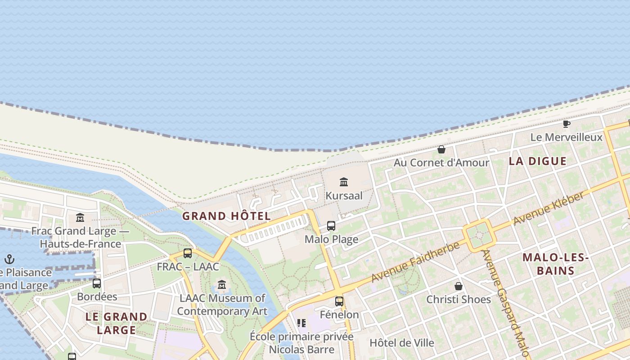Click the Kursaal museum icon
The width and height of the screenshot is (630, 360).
tap(344, 182)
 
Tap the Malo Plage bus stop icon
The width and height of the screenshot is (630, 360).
tap(331, 225)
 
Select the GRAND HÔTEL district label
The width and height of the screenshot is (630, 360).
tap(226, 216)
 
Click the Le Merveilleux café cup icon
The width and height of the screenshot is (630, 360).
tap(566, 124)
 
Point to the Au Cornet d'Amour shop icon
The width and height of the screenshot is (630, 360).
tap(441, 149)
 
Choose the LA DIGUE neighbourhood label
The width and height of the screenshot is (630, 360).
tap(537, 161)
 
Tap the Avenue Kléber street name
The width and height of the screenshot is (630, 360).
tap(550, 208)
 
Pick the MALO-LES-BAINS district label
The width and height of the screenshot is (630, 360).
tap(556, 264)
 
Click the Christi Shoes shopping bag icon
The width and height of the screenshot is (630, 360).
tap(459, 286)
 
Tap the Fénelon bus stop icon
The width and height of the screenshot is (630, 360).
tap(339, 301)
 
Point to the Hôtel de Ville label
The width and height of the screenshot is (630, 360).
tap(402, 343)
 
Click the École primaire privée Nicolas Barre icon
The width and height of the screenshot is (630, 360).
tap(301, 323)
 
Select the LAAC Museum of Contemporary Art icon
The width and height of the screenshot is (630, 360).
tap(222, 285)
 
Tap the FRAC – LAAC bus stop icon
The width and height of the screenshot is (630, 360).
tap(188, 253)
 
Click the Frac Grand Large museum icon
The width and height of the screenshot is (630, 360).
tap(80, 218)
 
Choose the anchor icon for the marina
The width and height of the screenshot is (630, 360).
tap(9, 259)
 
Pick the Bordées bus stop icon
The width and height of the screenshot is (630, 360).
tap(97, 283)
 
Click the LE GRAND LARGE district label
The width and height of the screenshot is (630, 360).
tap(117, 323)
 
